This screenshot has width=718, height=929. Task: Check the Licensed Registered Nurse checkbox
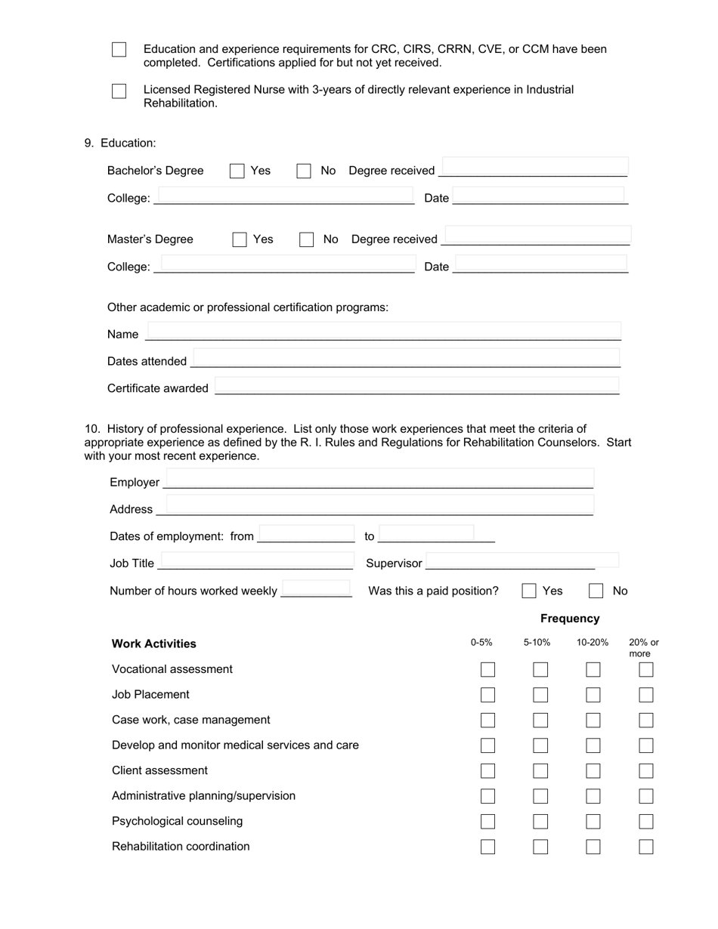[x=119, y=91]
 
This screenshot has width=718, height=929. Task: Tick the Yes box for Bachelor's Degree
[x=237, y=171]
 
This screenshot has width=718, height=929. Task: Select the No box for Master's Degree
[x=306, y=239]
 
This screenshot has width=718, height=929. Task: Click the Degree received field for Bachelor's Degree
[x=534, y=167]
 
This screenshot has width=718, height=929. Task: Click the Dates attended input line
[x=406, y=358]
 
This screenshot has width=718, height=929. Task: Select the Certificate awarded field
[x=416, y=385]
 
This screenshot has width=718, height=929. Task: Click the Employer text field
[x=379, y=479]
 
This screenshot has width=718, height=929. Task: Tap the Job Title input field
[x=256, y=560]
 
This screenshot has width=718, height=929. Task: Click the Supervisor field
[x=521, y=560]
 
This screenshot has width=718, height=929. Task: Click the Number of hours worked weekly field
[x=316, y=588]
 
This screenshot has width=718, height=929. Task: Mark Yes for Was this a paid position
[x=529, y=591]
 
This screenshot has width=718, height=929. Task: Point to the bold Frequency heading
[x=570, y=619]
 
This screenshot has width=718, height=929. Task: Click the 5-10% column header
[x=537, y=643]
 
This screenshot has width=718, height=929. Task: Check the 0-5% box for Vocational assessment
[x=487, y=670]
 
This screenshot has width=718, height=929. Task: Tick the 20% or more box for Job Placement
[x=645, y=695]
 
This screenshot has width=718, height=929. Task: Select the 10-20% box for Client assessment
[x=593, y=771]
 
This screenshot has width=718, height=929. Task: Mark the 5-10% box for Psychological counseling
[x=540, y=822]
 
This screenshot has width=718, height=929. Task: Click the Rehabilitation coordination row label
[x=181, y=847]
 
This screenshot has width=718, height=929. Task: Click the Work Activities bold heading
[x=154, y=644]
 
